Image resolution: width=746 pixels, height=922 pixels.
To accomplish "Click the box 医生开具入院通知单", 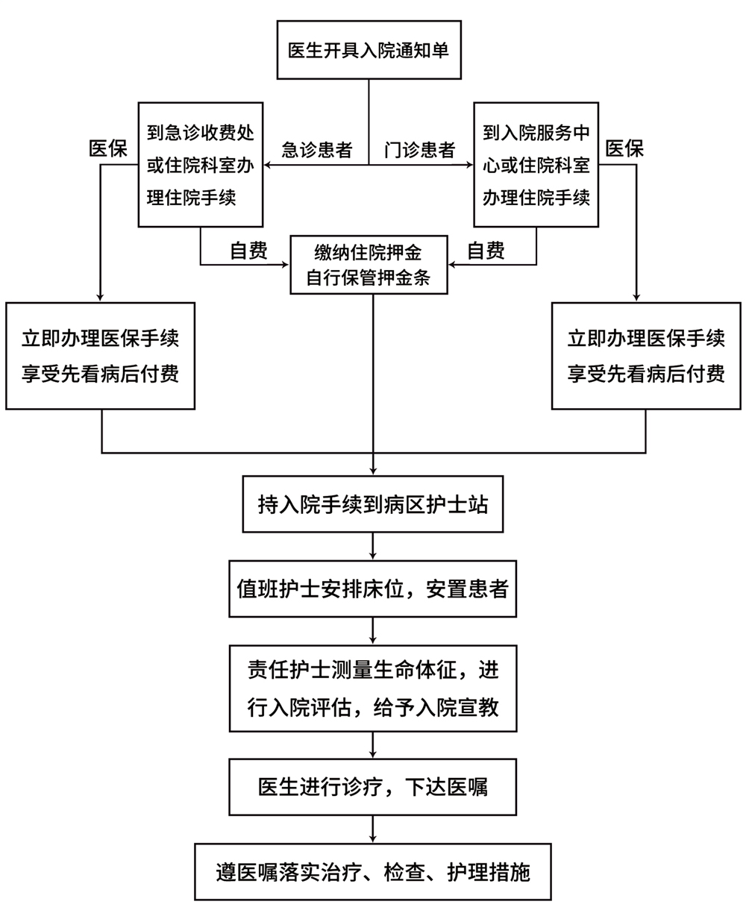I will point(369,50).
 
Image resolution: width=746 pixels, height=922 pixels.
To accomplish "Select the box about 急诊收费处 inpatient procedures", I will point(201,165).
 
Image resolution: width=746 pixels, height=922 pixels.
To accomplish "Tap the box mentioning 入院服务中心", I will point(536,165).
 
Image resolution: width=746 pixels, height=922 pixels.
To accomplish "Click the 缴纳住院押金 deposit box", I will point(369,266).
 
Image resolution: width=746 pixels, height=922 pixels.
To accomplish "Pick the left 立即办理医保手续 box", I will point(101,355).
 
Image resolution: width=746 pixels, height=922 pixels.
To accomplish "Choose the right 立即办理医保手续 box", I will point(646,355).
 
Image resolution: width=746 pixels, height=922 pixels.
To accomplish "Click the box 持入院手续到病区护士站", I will point(372,505).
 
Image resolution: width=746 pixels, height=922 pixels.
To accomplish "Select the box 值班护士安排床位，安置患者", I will point(372,589).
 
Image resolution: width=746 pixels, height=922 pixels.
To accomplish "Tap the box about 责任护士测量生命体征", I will point(372,688).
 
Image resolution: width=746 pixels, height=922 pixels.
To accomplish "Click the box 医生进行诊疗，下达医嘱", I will point(372,787).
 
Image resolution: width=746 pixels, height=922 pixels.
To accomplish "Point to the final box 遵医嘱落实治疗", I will point(372,871).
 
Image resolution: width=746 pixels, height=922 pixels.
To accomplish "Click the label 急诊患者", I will point(316,150).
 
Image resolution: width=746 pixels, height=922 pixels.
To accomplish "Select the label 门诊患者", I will point(419,150).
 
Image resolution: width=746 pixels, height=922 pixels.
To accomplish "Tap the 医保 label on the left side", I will point(107,148).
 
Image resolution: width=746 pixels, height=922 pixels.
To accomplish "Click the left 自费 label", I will point(248,251).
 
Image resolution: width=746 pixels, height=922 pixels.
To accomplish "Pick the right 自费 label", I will point(486,251).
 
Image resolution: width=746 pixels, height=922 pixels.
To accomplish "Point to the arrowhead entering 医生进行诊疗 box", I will point(372,754).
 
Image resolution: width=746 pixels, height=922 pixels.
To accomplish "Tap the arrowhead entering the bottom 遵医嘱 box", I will point(372,838).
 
